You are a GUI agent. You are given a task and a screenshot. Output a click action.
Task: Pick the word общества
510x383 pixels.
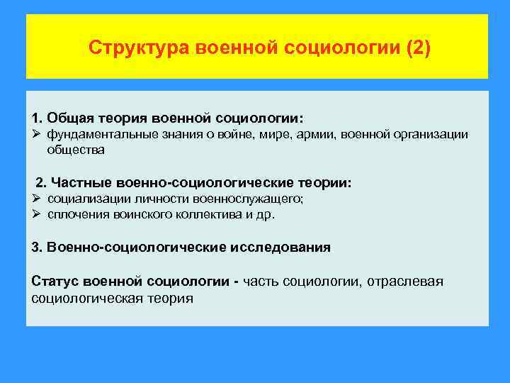click(x=76, y=149)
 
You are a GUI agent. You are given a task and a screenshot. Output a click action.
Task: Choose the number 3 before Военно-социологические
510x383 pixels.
click(x=36, y=248)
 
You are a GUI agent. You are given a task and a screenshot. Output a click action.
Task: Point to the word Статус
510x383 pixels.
click(x=54, y=282)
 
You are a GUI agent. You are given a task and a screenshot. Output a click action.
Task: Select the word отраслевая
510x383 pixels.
click(x=405, y=282)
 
